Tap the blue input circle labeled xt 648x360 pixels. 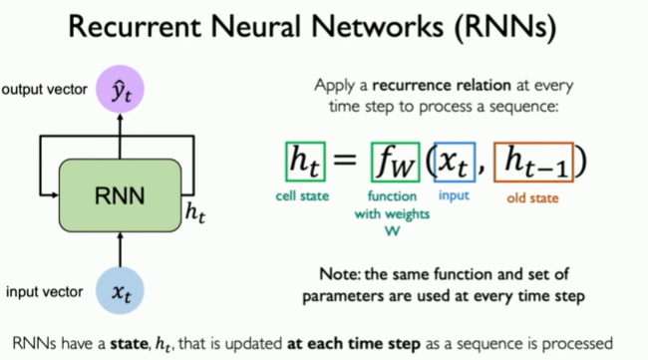[120, 293]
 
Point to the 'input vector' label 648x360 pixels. [45, 293]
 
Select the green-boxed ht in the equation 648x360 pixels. [304, 160]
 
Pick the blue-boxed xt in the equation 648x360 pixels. [455, 160]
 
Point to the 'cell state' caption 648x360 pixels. [303, 196]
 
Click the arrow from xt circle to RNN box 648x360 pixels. [120, 248]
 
